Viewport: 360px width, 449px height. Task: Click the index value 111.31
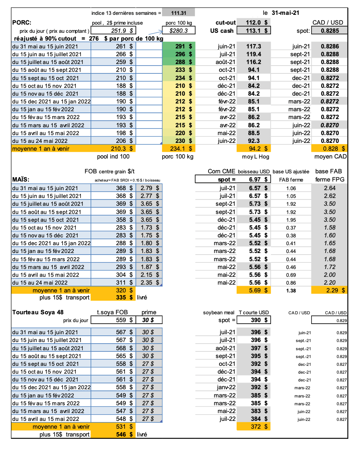tap(178, 13)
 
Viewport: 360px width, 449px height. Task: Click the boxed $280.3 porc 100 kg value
tap(178, 30)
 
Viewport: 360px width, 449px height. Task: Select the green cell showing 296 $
tap(183, 54)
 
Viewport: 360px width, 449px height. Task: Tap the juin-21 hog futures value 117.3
tap(254, 46)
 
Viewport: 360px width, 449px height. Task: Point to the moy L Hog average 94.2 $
tap(257, 148)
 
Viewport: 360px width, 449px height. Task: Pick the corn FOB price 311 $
tap(125, 282)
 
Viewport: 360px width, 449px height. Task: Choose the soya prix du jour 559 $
tap(125, 320)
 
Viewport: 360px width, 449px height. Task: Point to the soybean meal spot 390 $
tap(258, 320)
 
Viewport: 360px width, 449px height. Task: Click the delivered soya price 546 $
tap(125, 434)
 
